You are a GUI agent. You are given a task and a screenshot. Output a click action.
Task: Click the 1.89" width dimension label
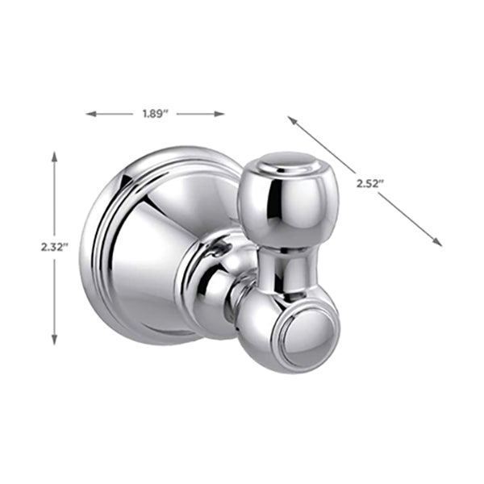pos(154,115)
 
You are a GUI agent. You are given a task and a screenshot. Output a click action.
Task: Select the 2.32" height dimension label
pos(55,248)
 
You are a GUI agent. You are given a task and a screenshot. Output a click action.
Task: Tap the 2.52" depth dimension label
pos(369,184)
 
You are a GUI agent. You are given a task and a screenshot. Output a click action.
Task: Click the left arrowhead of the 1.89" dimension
pos(90,115)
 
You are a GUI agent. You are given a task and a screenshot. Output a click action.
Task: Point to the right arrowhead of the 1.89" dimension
pos(219,115)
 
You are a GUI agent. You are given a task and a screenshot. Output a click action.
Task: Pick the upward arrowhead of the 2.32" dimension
pos(55,156)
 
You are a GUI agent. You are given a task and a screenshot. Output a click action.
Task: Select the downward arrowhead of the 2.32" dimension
pos(55,340)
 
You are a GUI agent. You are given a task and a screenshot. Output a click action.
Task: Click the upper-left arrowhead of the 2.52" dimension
pos(291,119)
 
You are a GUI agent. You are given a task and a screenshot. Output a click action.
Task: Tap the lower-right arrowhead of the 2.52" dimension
pos(438,242)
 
